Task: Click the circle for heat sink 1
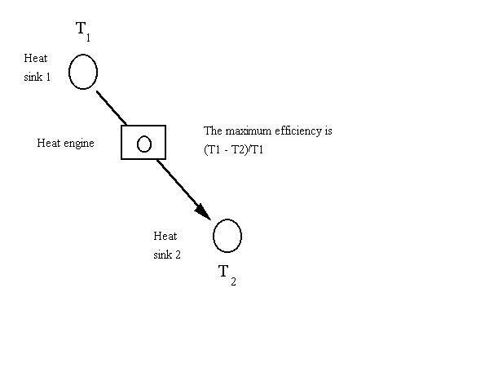point(83,72)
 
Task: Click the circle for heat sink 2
point(227,236)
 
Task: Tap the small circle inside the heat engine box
point(144,144)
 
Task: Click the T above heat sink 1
point(82,29)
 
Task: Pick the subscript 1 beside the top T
point(90,38)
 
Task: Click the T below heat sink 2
point(223,272)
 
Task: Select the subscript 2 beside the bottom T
point(233,282)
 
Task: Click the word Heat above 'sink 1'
point(36,59)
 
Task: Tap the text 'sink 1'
point(38,77)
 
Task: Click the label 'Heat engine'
point(65,144)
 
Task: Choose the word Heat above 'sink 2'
point(165,236)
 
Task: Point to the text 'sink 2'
point(167,255)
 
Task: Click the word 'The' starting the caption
point(212,131)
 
